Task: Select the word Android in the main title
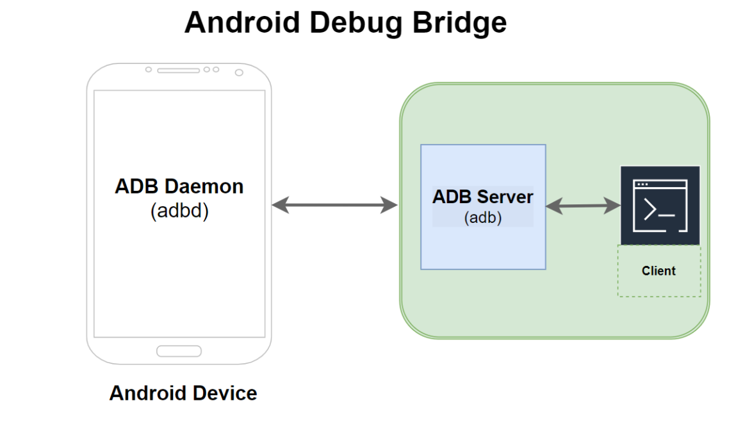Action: tap(241, 23)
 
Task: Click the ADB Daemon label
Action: tap(179, 186)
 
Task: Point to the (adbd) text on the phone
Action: tap(179, 211)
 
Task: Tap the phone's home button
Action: tap(179, 351)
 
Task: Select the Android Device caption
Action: tap(183, 393)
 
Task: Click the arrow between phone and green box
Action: tap(334, 205)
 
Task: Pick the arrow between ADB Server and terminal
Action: tap(583, 206)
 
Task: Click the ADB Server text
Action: tap(483, 197)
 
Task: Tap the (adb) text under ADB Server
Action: tap(483, 218)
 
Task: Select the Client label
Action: tap(658, 271)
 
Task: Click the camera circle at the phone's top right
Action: tap(239, 72)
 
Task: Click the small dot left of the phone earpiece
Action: tap(149, 69)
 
